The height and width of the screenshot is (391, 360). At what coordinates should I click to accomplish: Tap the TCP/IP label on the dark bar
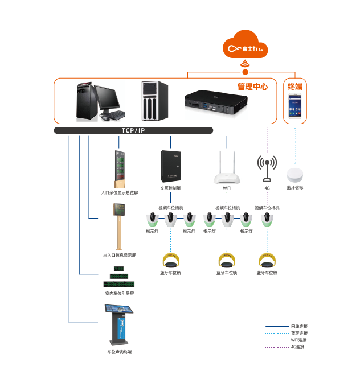click(x=133, y=130)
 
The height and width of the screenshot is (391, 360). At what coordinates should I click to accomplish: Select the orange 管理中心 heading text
click(x=252, y=87)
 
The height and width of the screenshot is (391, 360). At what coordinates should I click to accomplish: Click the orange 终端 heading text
click(x=294, y=87)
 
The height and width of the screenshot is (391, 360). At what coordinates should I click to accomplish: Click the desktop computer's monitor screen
click(x=108, y=97)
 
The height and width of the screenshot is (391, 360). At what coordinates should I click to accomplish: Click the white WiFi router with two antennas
click(x=227, y=170)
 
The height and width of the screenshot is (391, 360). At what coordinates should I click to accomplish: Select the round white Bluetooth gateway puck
click(x=295, y=174)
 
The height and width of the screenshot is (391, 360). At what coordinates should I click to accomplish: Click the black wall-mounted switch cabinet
click(x=170, y=166)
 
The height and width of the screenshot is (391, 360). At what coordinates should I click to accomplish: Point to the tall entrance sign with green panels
click(x=119, y=168)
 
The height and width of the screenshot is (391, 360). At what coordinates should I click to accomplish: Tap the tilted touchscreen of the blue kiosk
click(x=120, y=310)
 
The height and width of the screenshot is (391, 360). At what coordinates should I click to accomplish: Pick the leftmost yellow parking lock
click(x=170, y=261)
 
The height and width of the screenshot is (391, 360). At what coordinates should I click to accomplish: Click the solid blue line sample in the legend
click(x=277, y=327)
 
